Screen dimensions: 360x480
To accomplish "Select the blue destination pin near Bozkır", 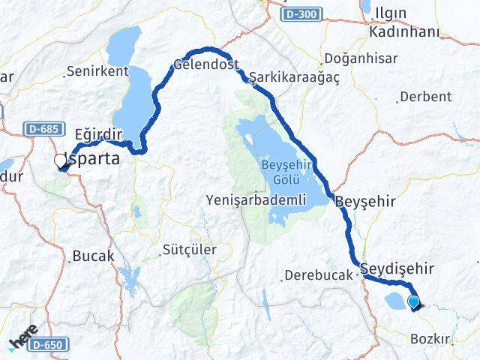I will (413, 302).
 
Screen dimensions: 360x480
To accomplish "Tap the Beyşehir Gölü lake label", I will (281, 172).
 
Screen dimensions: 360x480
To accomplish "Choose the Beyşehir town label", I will (364, 202).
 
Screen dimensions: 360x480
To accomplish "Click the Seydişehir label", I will (397, 268).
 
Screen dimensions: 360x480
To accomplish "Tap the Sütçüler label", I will (189, 249).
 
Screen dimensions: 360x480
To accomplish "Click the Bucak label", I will (94, 256).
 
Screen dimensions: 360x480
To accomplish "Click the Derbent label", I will (425, 96).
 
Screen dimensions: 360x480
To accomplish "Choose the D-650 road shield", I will (52, 343).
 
